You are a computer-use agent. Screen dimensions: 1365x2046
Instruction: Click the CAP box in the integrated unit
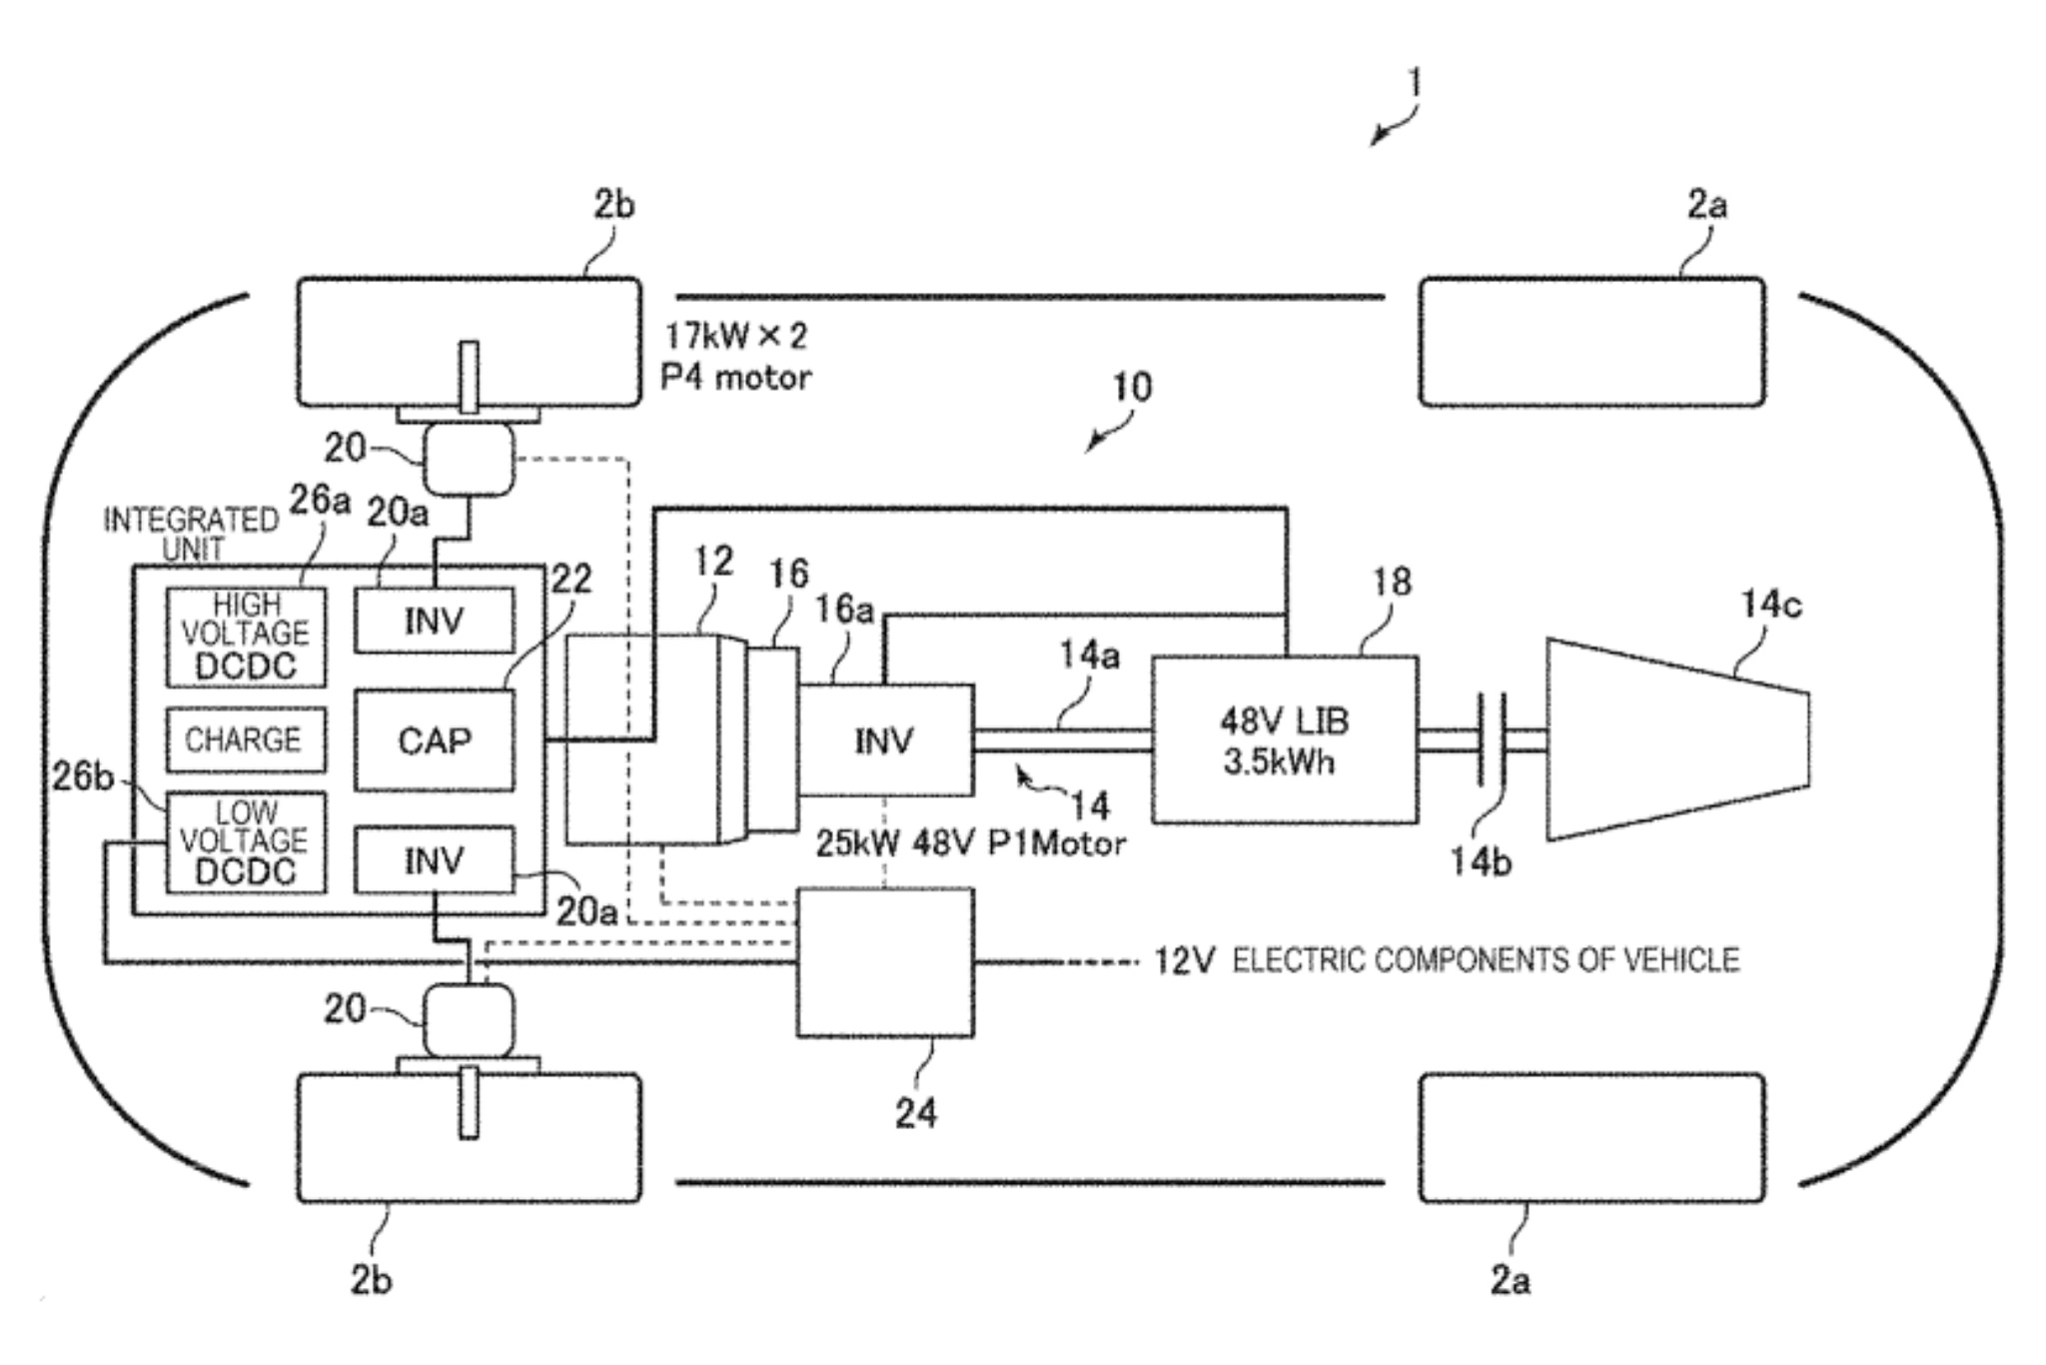(x=435, y=740)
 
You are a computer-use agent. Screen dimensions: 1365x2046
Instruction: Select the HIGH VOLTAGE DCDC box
(x=246, y=637)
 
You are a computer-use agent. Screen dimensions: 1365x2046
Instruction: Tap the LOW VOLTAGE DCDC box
(x=246, y=842)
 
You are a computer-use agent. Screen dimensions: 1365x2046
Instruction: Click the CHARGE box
(x=246, y=739)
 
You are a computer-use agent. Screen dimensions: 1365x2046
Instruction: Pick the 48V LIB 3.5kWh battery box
(x=1285, y=740)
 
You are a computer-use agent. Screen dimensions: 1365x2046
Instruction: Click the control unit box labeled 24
(x=885, y=961)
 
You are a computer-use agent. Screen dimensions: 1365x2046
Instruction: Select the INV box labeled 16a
(x=885, y=740)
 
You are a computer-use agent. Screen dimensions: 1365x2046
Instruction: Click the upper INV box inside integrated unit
(x=435, y=621)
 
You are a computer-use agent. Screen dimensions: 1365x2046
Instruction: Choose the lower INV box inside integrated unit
(x=435, y=859)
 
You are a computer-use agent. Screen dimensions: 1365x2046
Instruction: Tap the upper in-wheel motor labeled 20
(x=470, y=459)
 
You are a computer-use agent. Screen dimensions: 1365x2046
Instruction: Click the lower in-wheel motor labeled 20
(x=470, y=1019)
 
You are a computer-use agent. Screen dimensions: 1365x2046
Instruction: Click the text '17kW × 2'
(x=736, y=337)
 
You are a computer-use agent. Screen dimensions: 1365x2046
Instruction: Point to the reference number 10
(x=1132, y=387)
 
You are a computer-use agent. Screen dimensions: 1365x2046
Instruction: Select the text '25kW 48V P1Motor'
(x=970, y=843)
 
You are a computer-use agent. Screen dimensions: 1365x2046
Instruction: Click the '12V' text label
(x=1184, y=961)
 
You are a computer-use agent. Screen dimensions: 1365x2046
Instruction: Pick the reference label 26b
(x=82, y=776)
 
